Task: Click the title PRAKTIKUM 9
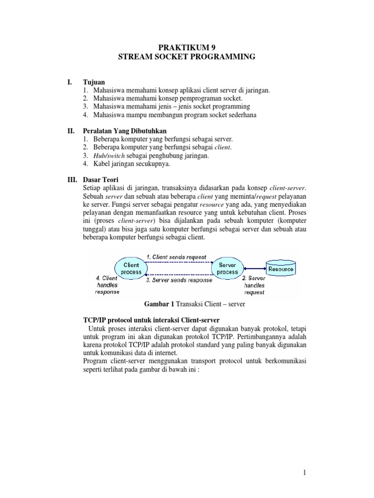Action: [187, 47]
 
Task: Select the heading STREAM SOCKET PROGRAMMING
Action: [187, 57]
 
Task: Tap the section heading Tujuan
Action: [94, 82]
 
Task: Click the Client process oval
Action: [131, 268]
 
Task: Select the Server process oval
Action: [227, 268]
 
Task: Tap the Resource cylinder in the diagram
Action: [281, 268]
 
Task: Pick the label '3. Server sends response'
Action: [179, 280]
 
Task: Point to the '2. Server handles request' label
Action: [254, 285]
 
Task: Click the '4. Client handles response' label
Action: [107, 285]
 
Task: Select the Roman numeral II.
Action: [71, 131]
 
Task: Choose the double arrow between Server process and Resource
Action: [255, 268]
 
